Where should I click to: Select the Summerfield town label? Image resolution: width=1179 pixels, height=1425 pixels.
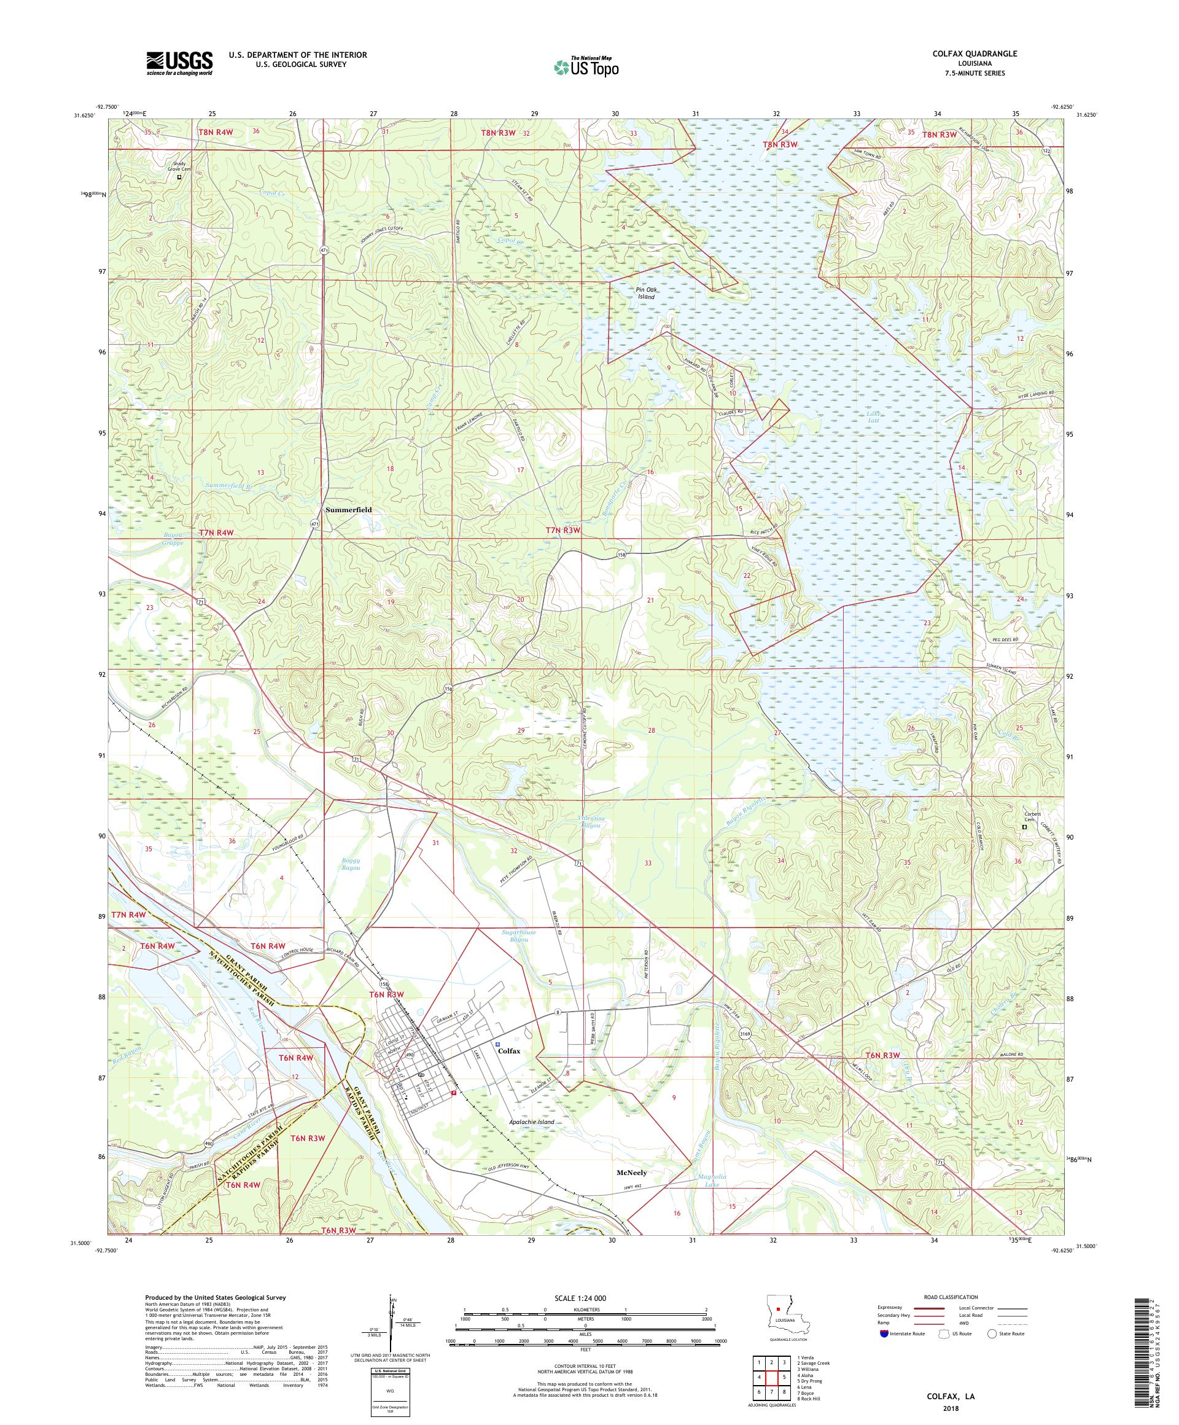pos(349,510)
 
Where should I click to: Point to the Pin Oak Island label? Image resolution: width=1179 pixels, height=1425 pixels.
pos(645,293)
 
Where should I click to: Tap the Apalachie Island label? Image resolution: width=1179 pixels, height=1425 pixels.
pos(532,1122)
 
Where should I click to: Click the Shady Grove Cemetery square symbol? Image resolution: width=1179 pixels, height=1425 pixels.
pos(179,177)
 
